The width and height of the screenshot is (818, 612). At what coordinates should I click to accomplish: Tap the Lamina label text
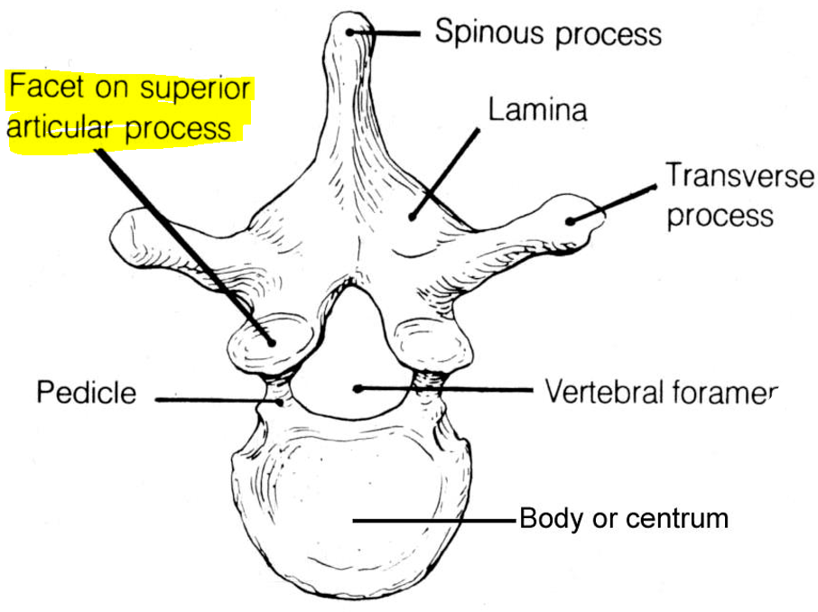point(537,110)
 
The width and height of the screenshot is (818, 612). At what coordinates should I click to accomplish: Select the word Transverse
point(739,175)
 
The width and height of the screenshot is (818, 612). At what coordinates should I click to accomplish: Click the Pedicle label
point(87,394)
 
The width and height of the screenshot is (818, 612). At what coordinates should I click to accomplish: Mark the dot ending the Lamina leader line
point(411,216)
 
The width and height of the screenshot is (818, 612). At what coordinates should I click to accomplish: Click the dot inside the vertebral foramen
point(358,389)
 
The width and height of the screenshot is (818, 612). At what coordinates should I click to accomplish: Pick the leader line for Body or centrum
point(433,521)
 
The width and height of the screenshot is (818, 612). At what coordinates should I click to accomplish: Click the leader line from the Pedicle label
point(217,398)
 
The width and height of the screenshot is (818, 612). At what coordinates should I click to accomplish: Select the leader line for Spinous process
point(388,33)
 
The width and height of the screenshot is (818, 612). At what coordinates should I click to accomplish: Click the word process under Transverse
point(720,217)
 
